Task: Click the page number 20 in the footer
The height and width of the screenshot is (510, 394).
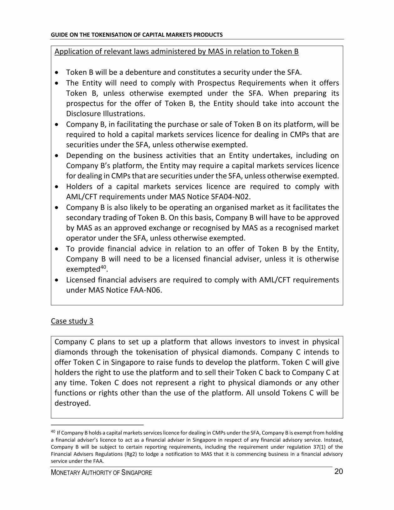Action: pos(338,472)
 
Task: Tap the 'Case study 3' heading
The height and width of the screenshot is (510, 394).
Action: pos(72,321)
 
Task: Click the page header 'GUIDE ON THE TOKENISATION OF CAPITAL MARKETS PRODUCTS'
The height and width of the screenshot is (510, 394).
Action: pos(137,35)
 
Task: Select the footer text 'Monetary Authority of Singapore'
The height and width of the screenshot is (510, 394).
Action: pos(101,473)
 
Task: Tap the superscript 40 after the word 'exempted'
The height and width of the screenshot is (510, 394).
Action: pos(103,267)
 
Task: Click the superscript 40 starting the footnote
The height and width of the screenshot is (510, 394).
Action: pos(53,432)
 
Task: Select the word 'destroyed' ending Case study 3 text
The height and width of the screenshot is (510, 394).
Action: pos(72,403)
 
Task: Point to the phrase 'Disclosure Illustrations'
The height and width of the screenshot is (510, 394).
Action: pos(105,114)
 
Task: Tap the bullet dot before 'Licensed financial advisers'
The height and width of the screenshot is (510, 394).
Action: pos(56,280)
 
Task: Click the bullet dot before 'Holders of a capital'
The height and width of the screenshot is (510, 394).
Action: pos(56,187)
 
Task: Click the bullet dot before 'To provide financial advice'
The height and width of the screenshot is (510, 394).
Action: pos(56,249)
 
